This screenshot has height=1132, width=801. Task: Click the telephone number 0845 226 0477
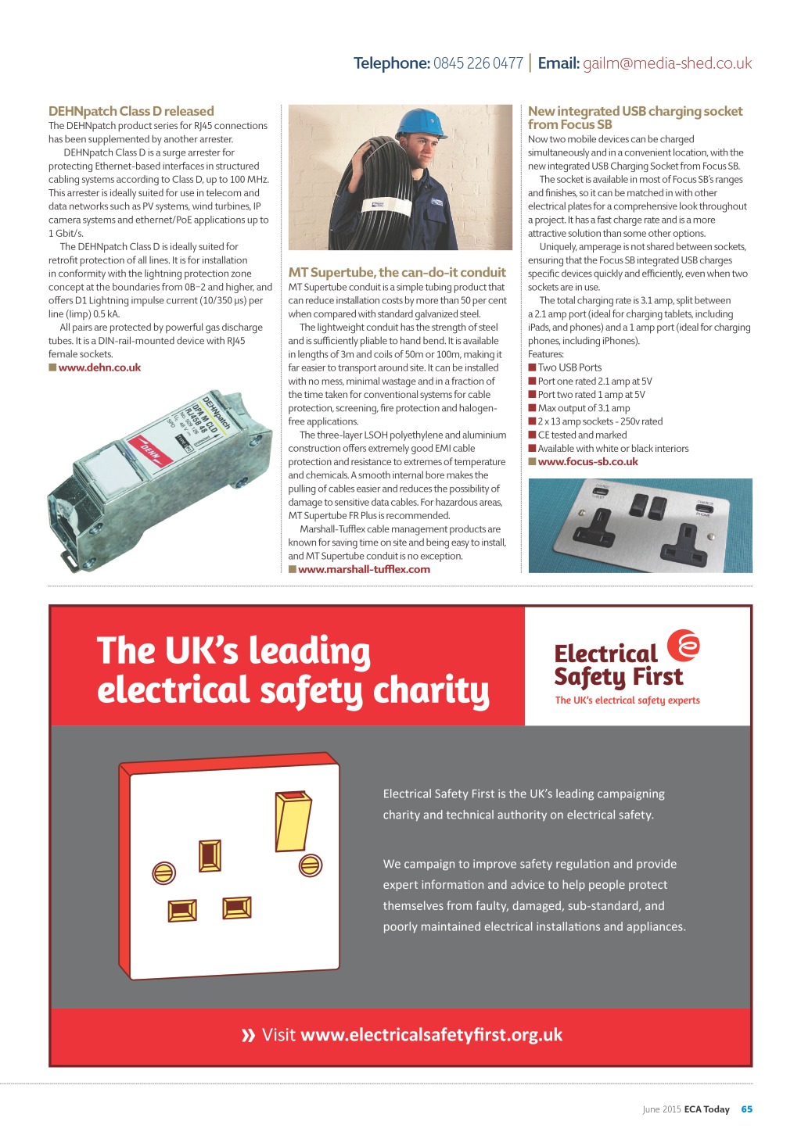pos(478,63)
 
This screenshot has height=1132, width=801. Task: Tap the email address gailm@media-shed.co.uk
pos(666,63)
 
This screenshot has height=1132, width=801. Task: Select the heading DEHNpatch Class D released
pos(131,111)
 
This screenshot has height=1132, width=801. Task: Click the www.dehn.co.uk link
pos(99,367)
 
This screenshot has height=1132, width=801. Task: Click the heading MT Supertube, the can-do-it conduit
pos(397,272)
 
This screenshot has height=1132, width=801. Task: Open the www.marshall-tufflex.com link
pos(364,569)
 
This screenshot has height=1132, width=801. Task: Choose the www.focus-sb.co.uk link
pos(587,462)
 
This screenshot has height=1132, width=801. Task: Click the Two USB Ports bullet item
pos(569,367)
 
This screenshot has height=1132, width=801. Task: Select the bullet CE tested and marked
pos(582,435)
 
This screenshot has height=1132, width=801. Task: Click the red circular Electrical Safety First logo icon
pos(684,646)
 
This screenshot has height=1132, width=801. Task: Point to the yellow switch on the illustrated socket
pos(293,822)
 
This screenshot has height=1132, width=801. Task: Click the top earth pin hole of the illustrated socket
pos(210,856)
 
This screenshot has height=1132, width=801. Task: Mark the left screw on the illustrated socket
pos(164,872)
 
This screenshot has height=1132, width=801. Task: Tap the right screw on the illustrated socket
pos(311,865)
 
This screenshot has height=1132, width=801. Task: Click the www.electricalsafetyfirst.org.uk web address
pos(431,1035)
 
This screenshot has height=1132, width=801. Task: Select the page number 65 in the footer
pos(746,1109)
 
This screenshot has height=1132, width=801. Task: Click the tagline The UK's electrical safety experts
pos(627,700)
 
